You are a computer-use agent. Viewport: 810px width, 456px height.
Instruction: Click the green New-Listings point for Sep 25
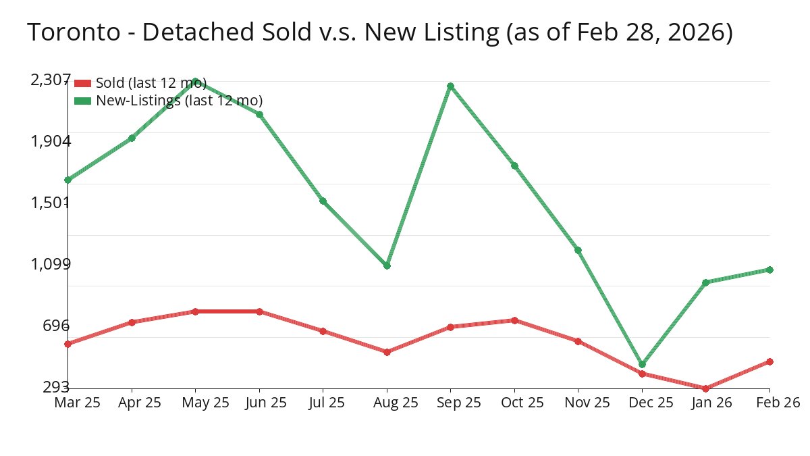point(450,86)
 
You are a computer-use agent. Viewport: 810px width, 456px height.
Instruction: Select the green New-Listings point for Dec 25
point(642,364)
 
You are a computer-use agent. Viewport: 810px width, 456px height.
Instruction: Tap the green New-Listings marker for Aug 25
point(387,265)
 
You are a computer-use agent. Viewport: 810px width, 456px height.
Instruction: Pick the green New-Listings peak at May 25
point(195,81)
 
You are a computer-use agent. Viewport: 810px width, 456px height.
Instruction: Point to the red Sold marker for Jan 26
point(705,388)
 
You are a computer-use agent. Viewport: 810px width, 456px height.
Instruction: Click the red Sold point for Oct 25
point(514,320)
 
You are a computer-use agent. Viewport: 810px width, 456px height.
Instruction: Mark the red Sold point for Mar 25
point(67,344)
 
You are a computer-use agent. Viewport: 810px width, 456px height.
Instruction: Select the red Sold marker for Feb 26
point(769,361)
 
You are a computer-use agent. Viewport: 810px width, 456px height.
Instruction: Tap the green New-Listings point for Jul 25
point(323,201)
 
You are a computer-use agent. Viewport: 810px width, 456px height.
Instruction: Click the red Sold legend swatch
point(82,83)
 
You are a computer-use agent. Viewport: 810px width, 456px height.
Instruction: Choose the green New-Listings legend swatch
point(82,101)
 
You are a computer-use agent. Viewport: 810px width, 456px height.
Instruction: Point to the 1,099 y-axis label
point(51,263)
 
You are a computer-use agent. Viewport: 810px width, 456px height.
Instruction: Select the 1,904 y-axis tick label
point(51,141)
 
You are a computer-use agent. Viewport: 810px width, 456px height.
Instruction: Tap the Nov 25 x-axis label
point(587,403)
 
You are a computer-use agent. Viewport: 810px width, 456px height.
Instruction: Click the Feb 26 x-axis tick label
point(778,403)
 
